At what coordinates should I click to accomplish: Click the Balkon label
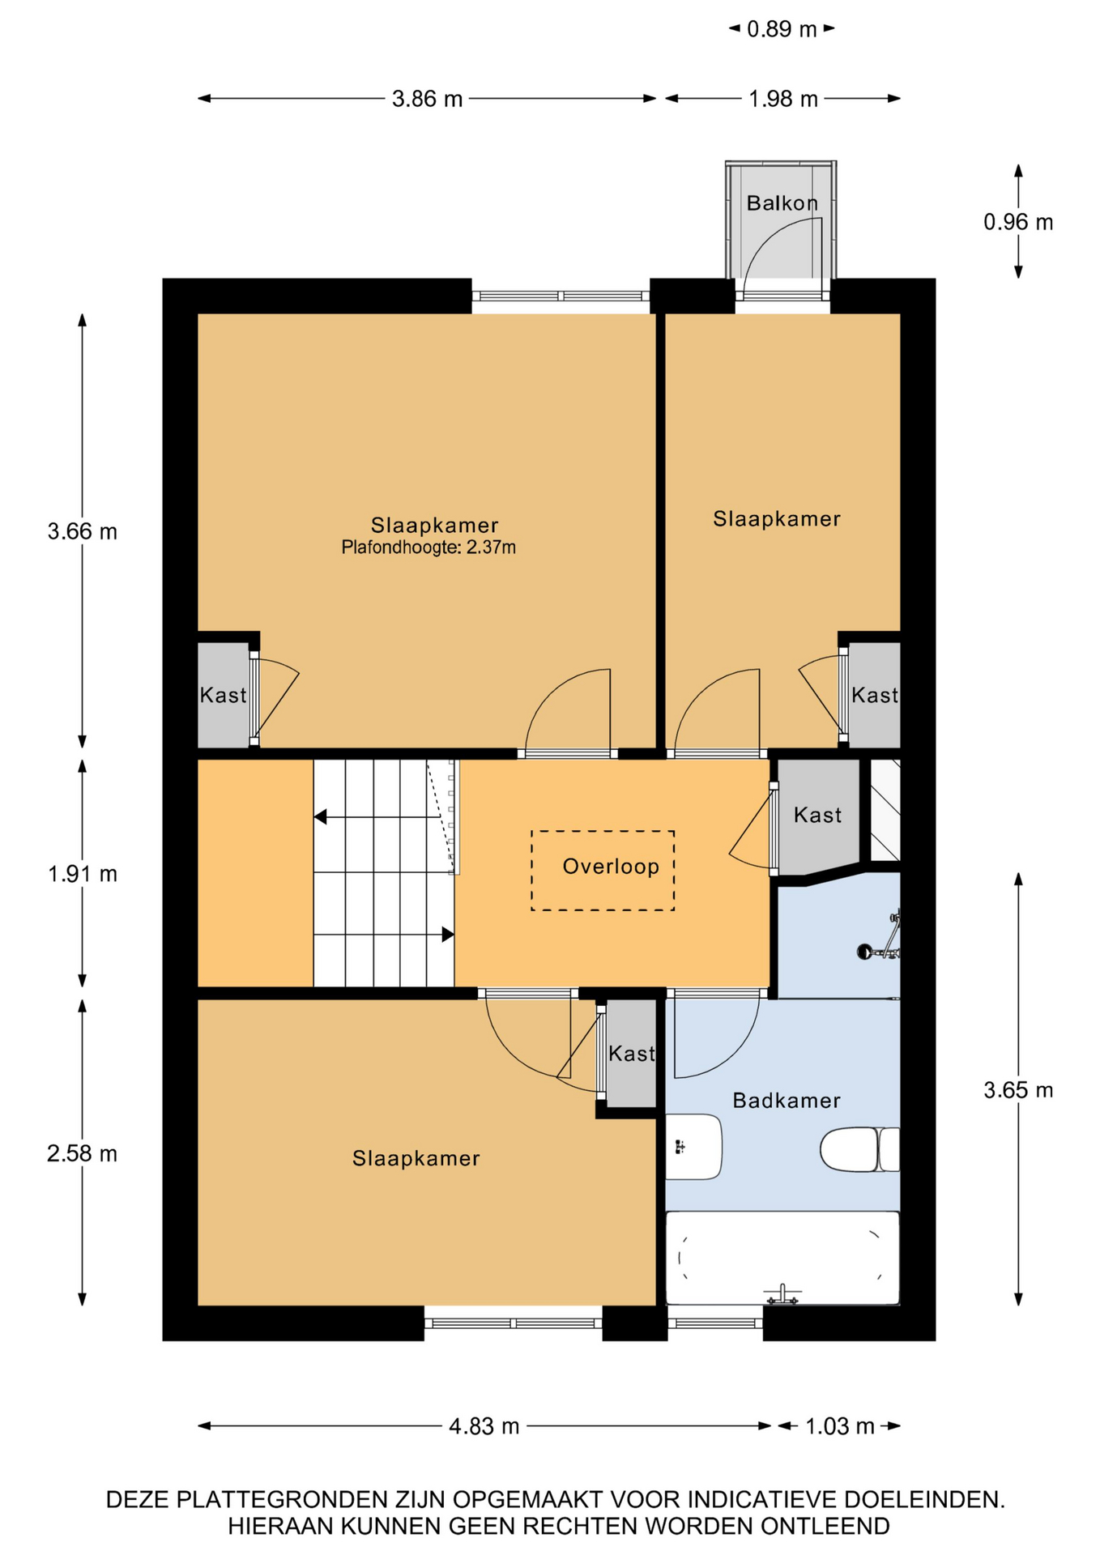pyautogui.click(x=782, y=202)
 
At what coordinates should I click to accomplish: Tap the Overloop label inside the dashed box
pyautogui.click(x=611, y=867)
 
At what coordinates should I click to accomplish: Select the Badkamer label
pyautogui.click(x=786, y=1100)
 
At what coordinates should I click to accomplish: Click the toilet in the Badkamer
pyautogui.click(x=859, y=1149)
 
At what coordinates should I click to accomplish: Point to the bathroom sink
pyautogui.click(x=693, y=1147)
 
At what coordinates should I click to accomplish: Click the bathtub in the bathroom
pyautogui.click(x=782, y=1258)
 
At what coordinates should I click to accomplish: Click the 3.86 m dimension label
pyautogui.click(x=427, y=99)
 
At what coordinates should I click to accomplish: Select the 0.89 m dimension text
pyautogui.click(x=782, y=29)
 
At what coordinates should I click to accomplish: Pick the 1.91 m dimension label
pyautogui.click(x=82, y=874)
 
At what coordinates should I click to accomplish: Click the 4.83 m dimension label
pyautogui.click(x=484, y=1426)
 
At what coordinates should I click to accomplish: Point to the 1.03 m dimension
pyautogui.click(x=840, y=1426)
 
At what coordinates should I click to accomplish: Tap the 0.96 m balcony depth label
pyautogui.click(x=1018, y=222)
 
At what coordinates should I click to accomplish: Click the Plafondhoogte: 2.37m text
pyautogui.click(x=428, y=547)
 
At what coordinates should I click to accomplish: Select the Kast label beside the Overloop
pyautogui.click(x=817, y=815)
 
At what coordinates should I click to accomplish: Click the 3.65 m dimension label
pyautogui.click(x=1018, y=1090)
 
